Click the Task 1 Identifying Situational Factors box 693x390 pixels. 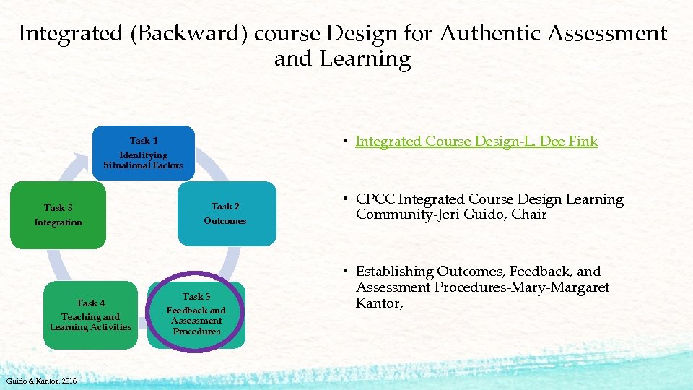click(x=144, y=152)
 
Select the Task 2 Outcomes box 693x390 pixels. click(x=225, y=214)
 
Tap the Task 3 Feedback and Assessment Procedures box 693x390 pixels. click(x=196, y=314)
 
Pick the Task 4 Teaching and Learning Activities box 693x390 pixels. click(x=91, y=315)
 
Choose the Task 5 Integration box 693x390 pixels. click(x=58, y=215)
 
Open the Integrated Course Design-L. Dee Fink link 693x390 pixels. click(x=476, y=142)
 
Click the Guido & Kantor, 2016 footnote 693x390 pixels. click(x=42, y=381)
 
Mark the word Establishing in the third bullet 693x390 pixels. click(x=394, y=272)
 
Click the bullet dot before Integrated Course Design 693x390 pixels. click(x=346, y=142)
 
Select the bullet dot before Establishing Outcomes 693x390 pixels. click(x=346, y=272)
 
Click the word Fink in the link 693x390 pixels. click(x=583, y=142)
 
